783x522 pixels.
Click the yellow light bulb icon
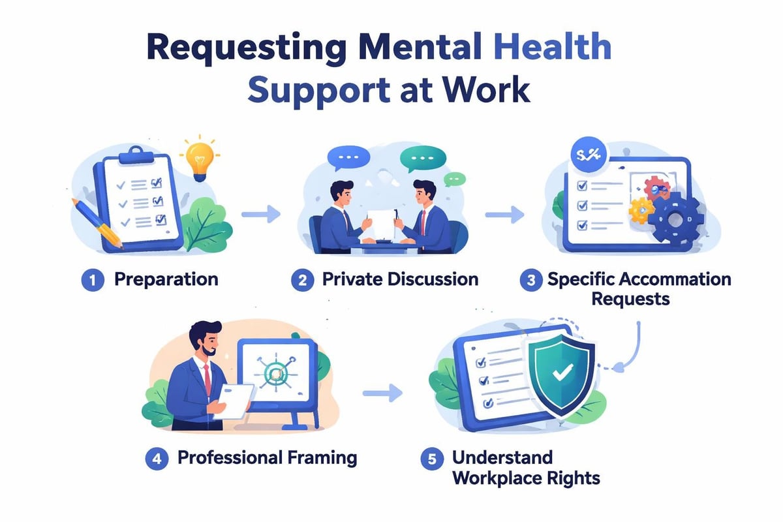[199, 159]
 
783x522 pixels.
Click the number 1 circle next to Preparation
[93, 281]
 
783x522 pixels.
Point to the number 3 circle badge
[530, 281]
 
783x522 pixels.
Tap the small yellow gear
[641, 209]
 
